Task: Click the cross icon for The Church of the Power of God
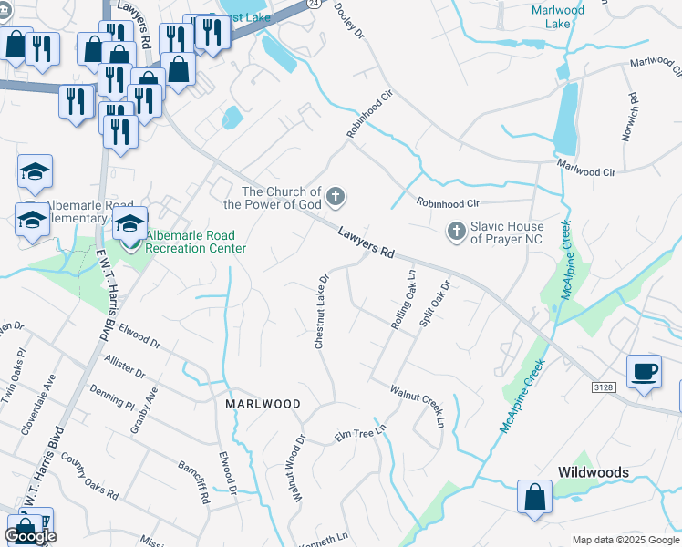(336, 196)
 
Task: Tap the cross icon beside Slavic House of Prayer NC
(456, 232)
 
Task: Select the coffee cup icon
(645, 371)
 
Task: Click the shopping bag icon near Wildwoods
(534, 497)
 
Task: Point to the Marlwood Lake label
(557, 17)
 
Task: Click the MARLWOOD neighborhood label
(263, 403)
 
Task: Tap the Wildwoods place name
(593, 472)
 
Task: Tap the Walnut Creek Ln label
(417, 405)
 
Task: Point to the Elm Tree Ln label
(360, 432)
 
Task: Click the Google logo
(30, 535)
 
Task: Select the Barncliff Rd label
(193, 480)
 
